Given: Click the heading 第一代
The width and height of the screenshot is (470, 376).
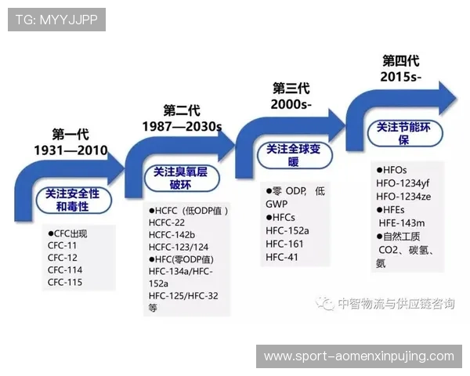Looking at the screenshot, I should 70,134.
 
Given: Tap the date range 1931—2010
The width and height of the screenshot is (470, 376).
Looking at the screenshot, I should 70,150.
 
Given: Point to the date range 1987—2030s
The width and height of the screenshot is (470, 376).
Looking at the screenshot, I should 182,125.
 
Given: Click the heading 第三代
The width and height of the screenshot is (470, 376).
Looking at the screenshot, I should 291,88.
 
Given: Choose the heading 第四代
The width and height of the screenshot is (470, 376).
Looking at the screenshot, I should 400,60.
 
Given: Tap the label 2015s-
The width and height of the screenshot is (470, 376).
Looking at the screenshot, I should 400,77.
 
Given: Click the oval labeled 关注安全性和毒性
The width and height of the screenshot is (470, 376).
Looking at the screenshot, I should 73,200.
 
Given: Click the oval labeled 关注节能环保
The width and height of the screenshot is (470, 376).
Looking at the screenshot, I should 404,132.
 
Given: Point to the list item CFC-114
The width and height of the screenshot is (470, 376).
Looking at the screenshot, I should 65,270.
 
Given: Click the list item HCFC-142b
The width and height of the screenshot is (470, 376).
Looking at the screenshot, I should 172,235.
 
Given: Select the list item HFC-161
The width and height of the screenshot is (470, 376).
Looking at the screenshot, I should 284,244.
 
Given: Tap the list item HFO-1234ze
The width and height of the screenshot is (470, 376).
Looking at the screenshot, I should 404,196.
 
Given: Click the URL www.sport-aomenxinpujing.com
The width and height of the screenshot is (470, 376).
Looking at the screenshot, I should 359,356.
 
